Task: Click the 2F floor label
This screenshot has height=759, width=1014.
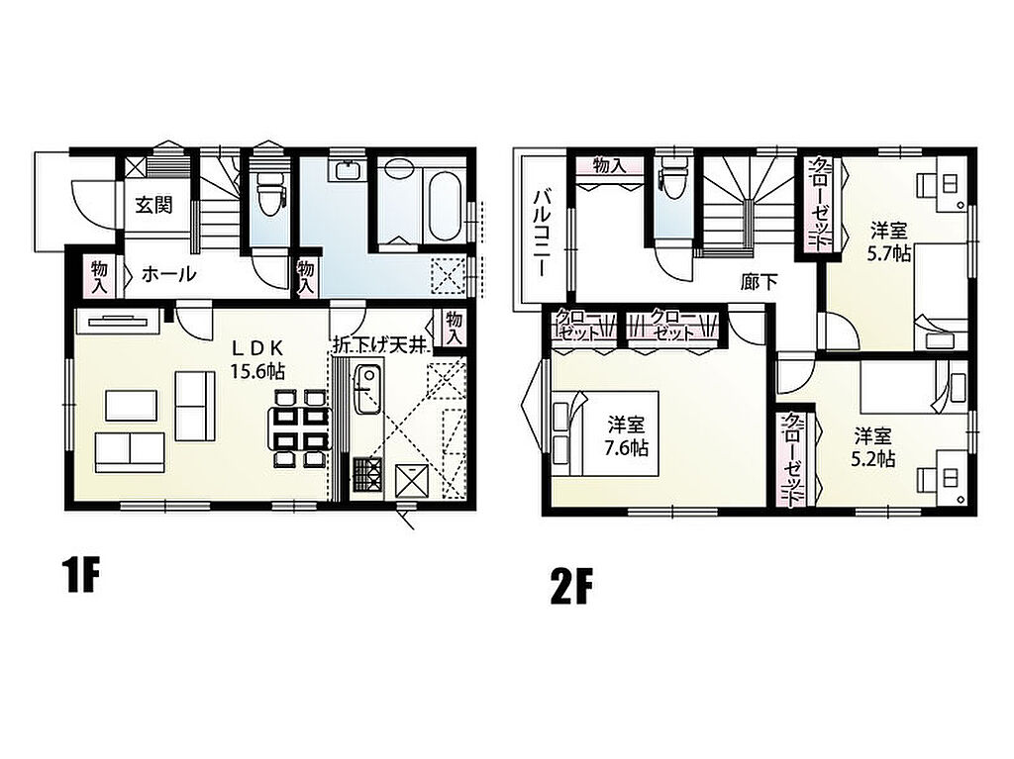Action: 572,586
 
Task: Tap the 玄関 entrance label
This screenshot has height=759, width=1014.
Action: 153,206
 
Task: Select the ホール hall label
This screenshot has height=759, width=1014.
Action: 168,274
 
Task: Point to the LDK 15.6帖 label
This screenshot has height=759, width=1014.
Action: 257,359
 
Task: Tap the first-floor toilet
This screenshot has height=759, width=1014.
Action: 266,191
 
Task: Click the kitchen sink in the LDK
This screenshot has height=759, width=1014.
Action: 366,389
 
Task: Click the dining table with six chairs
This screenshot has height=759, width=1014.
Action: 300,427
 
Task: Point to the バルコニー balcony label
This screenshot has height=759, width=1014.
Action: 542,233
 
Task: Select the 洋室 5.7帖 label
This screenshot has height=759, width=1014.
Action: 888,241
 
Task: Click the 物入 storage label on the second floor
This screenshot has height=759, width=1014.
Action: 609,165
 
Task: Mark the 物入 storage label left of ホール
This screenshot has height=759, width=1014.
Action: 99,276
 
